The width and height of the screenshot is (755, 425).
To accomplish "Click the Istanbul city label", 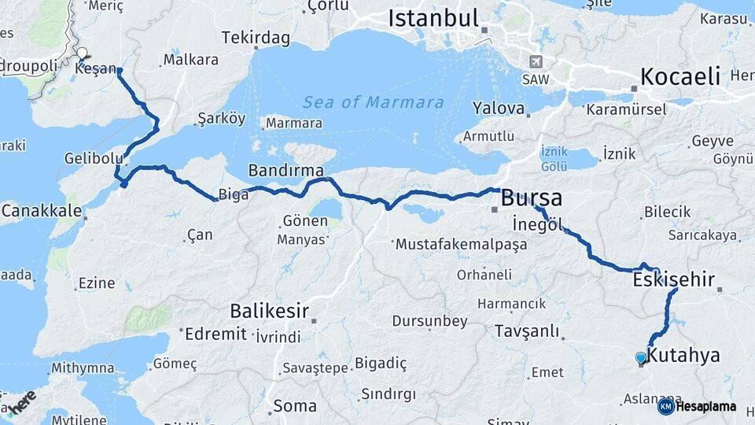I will coord(433,17).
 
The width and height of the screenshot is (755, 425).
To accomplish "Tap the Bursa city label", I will coord(532,197).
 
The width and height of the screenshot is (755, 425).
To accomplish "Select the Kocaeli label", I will coord(680,76).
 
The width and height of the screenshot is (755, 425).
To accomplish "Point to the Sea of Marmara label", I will coord(374,102).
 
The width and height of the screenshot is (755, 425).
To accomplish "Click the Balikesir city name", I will coord(269,310).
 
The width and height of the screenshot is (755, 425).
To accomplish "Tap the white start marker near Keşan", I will coord(82,54).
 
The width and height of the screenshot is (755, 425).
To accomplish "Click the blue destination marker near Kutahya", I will coord(641,358).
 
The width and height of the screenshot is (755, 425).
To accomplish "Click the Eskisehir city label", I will coord(673,279).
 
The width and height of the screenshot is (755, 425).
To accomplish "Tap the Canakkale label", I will coord(42,210).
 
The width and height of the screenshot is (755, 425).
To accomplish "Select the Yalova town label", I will coord(499,108).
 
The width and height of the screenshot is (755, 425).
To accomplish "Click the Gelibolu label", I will coord(94,158).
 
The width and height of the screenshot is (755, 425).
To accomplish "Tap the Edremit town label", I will coord(215,334).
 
